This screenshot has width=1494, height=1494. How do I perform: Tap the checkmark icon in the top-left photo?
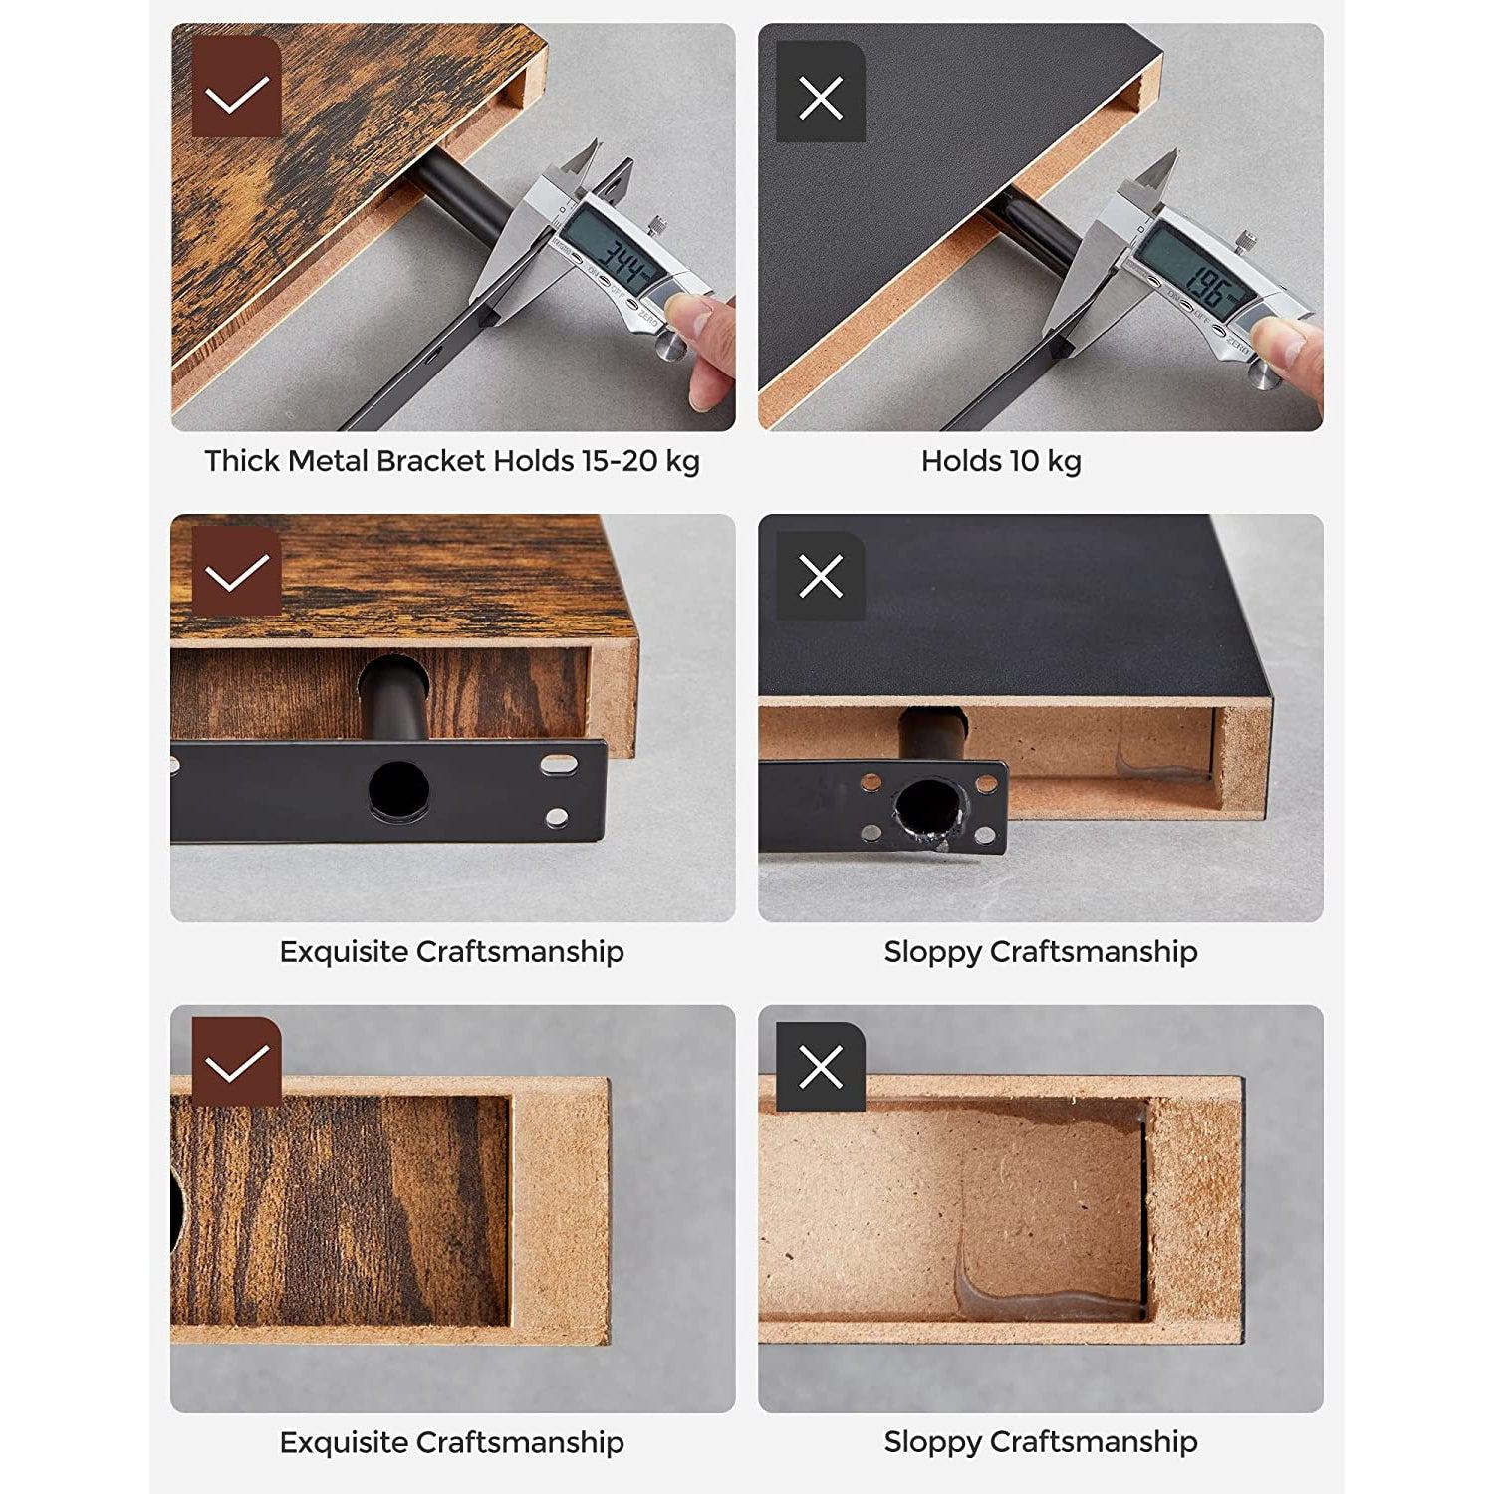(236, 97)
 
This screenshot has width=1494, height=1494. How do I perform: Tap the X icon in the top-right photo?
(821, 98)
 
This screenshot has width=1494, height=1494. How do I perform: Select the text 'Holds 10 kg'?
(1001, 461)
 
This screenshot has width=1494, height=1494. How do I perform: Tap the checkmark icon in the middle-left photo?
(236, 571)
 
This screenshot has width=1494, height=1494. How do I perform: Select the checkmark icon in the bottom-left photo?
(236, 1062)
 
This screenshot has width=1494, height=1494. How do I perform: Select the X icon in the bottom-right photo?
(821, 1068)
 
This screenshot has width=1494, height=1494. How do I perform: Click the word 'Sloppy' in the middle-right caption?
(932, 952)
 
